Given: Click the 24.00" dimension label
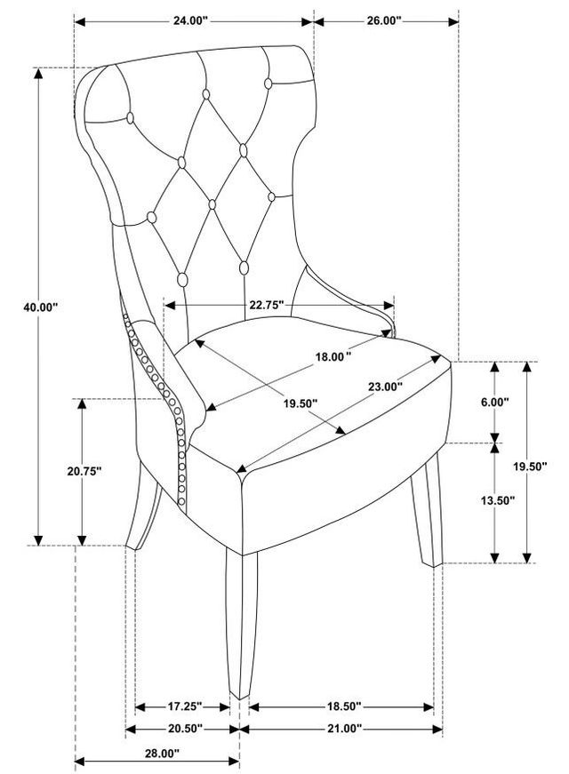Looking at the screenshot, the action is pyautogui.click(x=190, y=20).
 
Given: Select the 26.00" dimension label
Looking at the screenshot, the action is pyautogui.click(x=384, y=20).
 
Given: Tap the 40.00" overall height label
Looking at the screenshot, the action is pyautogui.click(x=41, y=307).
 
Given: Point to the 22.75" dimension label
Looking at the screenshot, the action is pyautogui.click(x=266, y=305).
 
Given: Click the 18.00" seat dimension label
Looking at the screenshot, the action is pyautogui.click(x=333, y=356).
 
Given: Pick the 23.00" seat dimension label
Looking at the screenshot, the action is pyautogui.click(x=385, y=387).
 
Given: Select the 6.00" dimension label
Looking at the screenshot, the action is pyautogui.click(x=495, y=403).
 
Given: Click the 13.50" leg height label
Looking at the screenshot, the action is pyautogui.click(x=498, y=500).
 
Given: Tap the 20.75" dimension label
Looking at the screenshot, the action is pyautogui.click(x=84, y=471).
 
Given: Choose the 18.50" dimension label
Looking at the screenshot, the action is pyautogui.click(x=344, y=706).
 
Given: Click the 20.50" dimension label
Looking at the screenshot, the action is pyautogui.click(x=185, y=729).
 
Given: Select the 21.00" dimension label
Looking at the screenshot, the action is pyautogui.click(x=345, y=729).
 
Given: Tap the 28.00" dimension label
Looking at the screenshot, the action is pyautogui.click(x=162, y=754).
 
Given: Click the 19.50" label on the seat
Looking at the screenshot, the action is pyautogui.click(x=301, y=403).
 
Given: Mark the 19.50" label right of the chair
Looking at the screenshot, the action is pyautogui.click(x=530, y=467).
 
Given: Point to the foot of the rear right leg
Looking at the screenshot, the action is pyautogui.click(x=433, y=563).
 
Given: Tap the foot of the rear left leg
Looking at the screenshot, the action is pyautogui.click(x=132, y=546).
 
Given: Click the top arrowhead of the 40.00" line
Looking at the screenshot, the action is pyautogui.click(x=38, y=73).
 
